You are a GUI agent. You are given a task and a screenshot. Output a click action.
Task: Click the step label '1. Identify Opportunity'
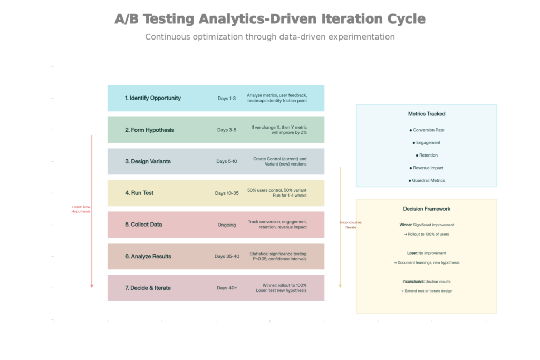[x=152, y=98]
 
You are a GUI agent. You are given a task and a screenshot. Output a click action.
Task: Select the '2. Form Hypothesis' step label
[x=149, y=130]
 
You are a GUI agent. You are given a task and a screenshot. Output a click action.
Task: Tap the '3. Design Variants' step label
[x=148, y=161]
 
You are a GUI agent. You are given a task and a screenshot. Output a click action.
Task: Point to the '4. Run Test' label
[x=139, y=193]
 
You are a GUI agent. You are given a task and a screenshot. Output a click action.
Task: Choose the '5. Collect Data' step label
[x=143, y=225]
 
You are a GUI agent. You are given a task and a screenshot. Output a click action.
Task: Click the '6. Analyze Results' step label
[x=148, y=256]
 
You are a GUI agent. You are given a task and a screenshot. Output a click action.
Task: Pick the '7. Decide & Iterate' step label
[x=148, y=288]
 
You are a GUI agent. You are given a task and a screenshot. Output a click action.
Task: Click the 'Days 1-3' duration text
[x=227, y=98]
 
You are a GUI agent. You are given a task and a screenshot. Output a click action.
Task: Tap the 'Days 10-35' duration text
[x=227, y=193]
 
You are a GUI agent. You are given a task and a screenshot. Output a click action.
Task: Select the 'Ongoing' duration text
[x=227, y=225]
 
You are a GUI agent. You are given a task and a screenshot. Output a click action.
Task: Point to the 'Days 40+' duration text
[x=227, y=288]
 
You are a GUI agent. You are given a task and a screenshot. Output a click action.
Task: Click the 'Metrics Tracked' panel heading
[x=427, y=114]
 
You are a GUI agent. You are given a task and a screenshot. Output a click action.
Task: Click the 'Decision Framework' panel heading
[x=427, y=209]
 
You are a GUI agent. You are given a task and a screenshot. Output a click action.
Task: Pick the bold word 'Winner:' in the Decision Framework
[x=406, y=225]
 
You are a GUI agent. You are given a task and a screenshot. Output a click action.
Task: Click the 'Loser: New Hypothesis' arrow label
[x=81, y=209]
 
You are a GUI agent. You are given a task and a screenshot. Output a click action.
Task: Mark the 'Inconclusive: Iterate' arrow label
[x=351, y=225]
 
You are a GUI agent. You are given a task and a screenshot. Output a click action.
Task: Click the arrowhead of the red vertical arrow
[x=92, y=286]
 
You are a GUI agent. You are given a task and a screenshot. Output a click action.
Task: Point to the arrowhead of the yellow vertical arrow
[x=340, y=286]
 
